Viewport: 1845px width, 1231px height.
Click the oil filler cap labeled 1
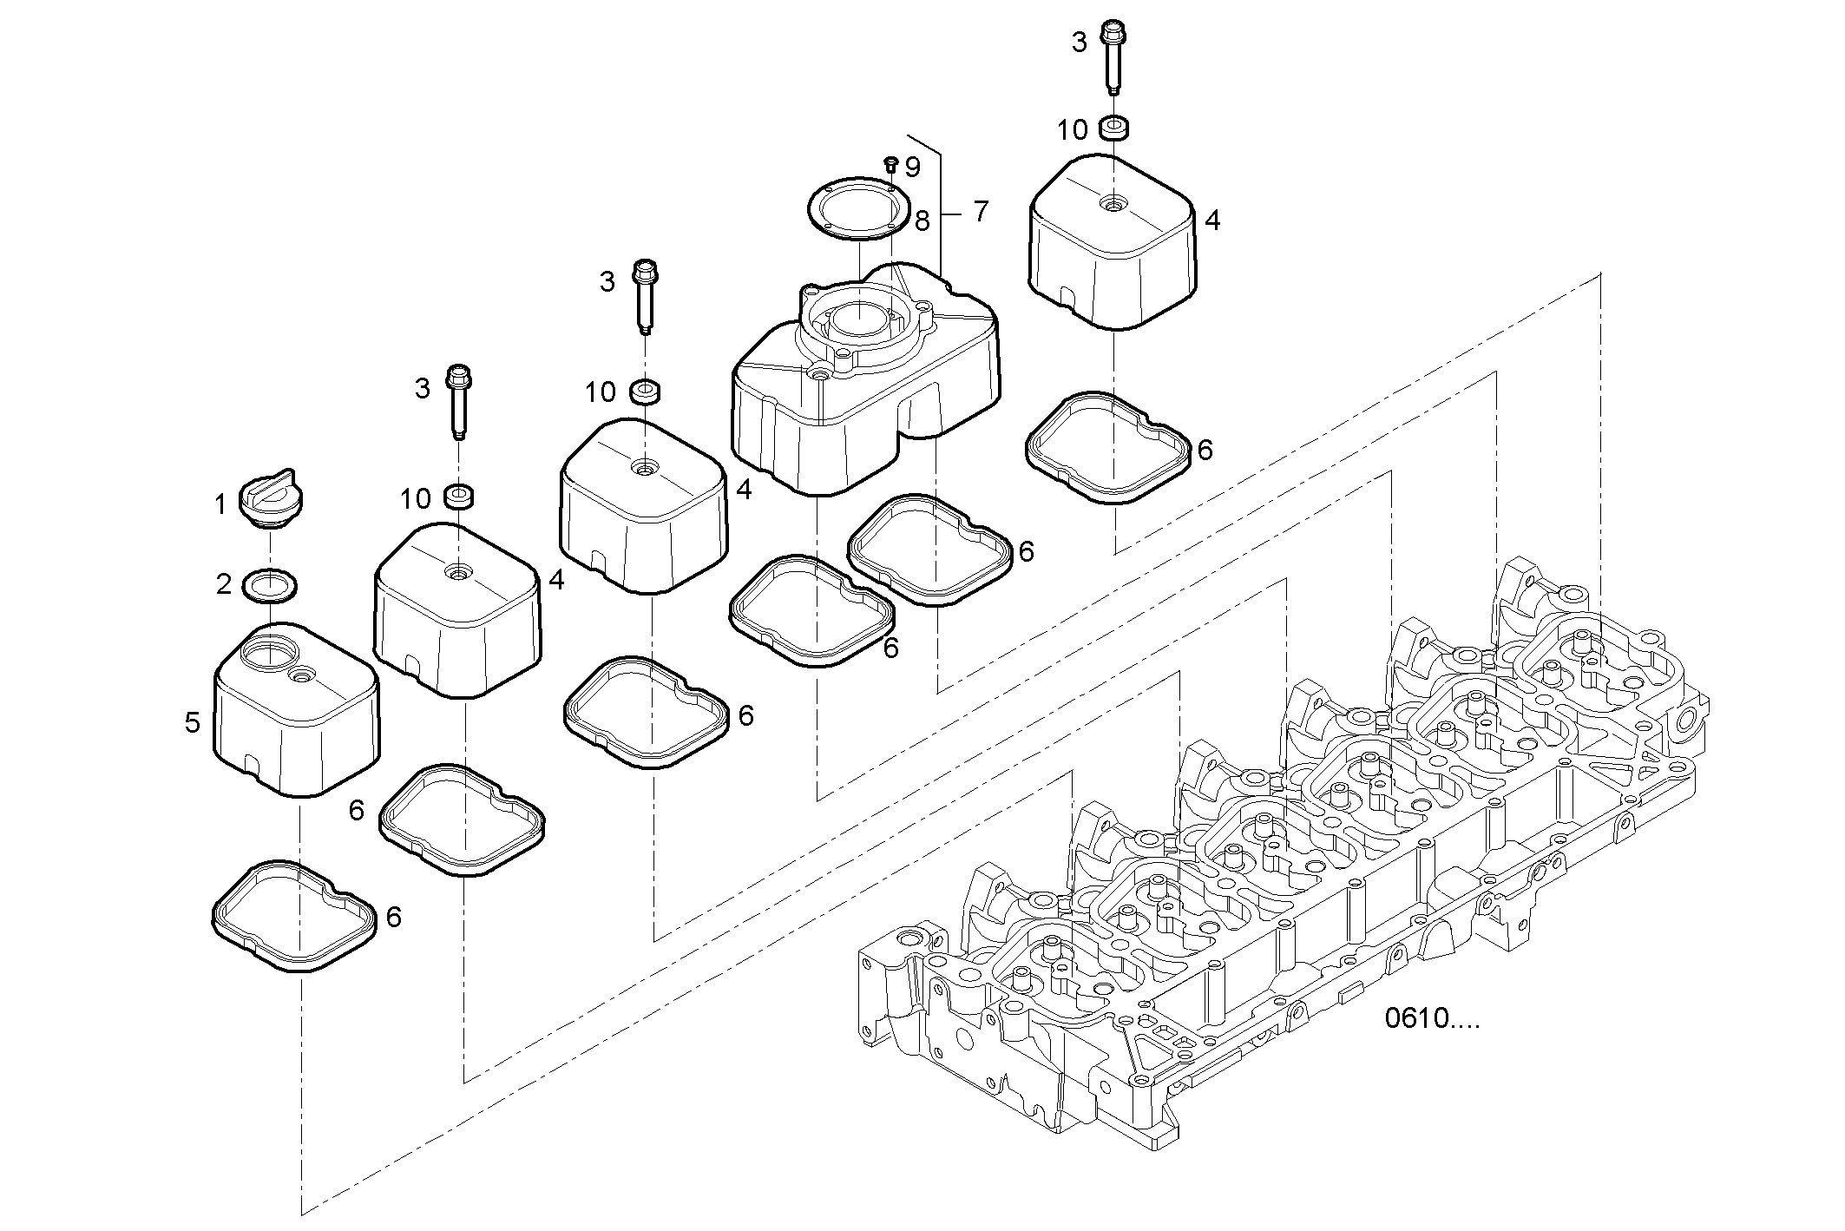[x=271, y=501]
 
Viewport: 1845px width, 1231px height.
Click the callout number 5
[x=193, y=722]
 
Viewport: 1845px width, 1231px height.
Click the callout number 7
[x=981, y=211]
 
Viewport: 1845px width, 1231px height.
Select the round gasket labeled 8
[x=857, y=208]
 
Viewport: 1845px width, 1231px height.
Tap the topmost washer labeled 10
[x=1113, y=128]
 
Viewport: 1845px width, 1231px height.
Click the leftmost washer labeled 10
[x=458, y=497]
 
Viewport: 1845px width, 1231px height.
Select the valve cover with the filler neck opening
[x=296, y=709]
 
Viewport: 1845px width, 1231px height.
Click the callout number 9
[x=912, y=167]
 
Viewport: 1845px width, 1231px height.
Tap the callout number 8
[x=922, y=221]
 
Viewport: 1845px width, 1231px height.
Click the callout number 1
[x=220, y=504]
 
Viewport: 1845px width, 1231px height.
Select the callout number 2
[x=224, y=585]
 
